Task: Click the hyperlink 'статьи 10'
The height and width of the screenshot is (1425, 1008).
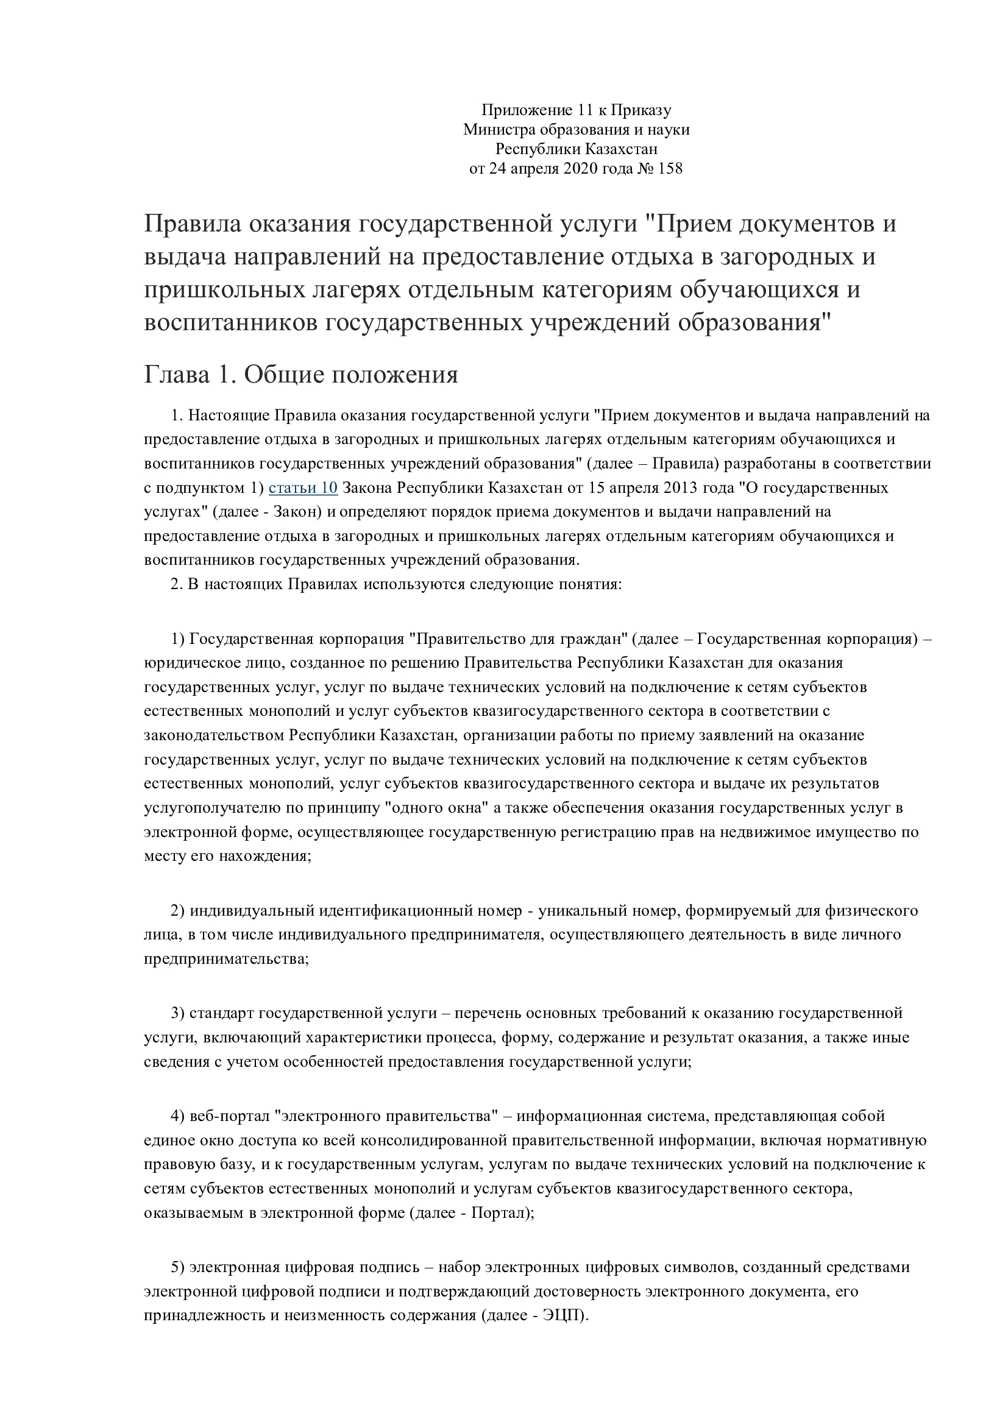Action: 303,488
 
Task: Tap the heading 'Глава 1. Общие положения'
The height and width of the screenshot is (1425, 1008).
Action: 301,375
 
